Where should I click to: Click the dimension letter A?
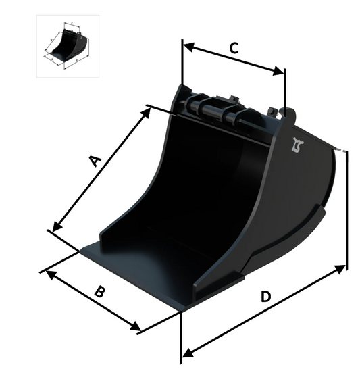[x=96, y=161]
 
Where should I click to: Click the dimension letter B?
[x=99, y=292]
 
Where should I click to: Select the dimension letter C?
[x=234, y=48]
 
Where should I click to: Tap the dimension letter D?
[x=265, y=297]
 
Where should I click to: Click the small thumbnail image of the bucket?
[x=68, y=46]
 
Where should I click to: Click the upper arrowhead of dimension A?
[x=146, y=113]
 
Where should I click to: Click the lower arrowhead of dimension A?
[x=57, y=226]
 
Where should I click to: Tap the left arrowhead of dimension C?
[x=189, y=47]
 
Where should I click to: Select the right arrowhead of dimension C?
[x=278, y=71]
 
